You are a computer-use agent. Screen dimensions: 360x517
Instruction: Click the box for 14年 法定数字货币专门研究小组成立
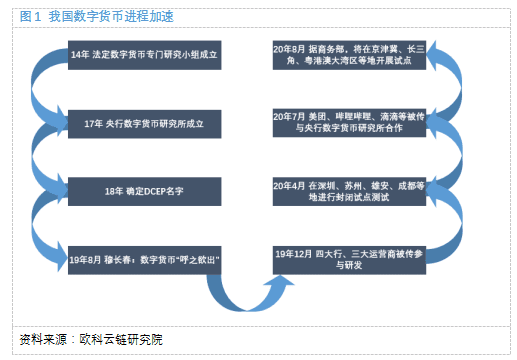pyautogui.click(x=146, y=56)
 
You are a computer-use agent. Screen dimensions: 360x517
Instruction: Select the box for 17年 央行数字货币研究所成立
pyautogui.click(x=146, y=123)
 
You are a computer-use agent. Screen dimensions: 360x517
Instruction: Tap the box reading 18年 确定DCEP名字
pyautogui.click(x=146, y=189)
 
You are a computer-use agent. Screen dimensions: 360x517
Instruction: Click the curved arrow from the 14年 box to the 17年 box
pyautogui.click(x=46, y=89)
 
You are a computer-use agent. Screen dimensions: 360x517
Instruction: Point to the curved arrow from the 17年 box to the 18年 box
pyautogui.click(x=46, y=156)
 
